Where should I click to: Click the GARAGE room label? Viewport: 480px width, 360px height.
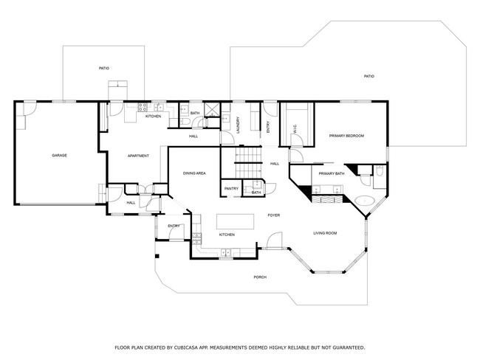click(x=59, y=156)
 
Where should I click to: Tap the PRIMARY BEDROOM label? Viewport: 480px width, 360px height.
click(x=346, y=136)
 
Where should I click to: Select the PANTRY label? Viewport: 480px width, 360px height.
click(x=231, y=189)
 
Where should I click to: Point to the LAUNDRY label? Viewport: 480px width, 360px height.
click(x=238, y=125)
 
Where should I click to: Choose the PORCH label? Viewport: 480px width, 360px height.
click(x=260, y=277)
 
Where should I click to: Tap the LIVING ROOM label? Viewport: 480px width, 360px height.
click(x=325, y=233)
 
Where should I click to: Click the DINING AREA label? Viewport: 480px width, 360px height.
click(x=194, y=173)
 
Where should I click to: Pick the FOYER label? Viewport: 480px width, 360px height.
click(x=274, y=215)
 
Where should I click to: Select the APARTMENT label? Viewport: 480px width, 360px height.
click(x=138, y=156)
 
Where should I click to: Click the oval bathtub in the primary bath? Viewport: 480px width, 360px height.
click(x=365, y=201)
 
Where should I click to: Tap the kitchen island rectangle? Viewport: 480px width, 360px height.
click(x=236, y=221)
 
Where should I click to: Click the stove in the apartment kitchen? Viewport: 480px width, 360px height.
click(x=143, y=107)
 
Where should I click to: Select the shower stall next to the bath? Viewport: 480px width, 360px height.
click(x=212, y=110)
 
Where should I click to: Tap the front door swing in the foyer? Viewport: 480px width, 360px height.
click(x=274, y=240)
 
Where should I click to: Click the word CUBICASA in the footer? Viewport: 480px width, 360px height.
click(x=186, y=347)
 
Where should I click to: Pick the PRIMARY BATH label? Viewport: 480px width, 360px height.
click(x=332, y=174)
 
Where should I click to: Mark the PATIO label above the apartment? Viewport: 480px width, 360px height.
click(x=104, y=68)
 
